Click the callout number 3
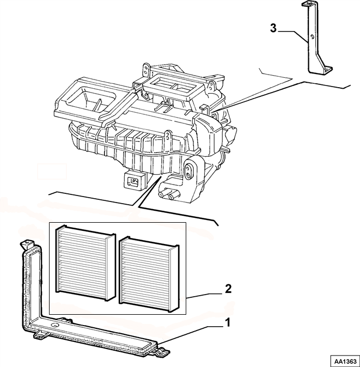[x=273, y=28]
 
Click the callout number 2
[x=228, y=289]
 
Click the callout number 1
[x=227, y=322]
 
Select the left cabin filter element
[x=86, y=262]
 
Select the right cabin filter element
[x=149, y=274]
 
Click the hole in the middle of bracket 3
[x=312, y=37]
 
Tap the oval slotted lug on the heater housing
[x=188, y=171]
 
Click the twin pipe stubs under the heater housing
[x=169, y=194]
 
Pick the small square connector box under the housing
[x=133, y=180]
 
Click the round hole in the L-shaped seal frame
[x=55, y=325]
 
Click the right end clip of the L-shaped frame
[x=164, y=350]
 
